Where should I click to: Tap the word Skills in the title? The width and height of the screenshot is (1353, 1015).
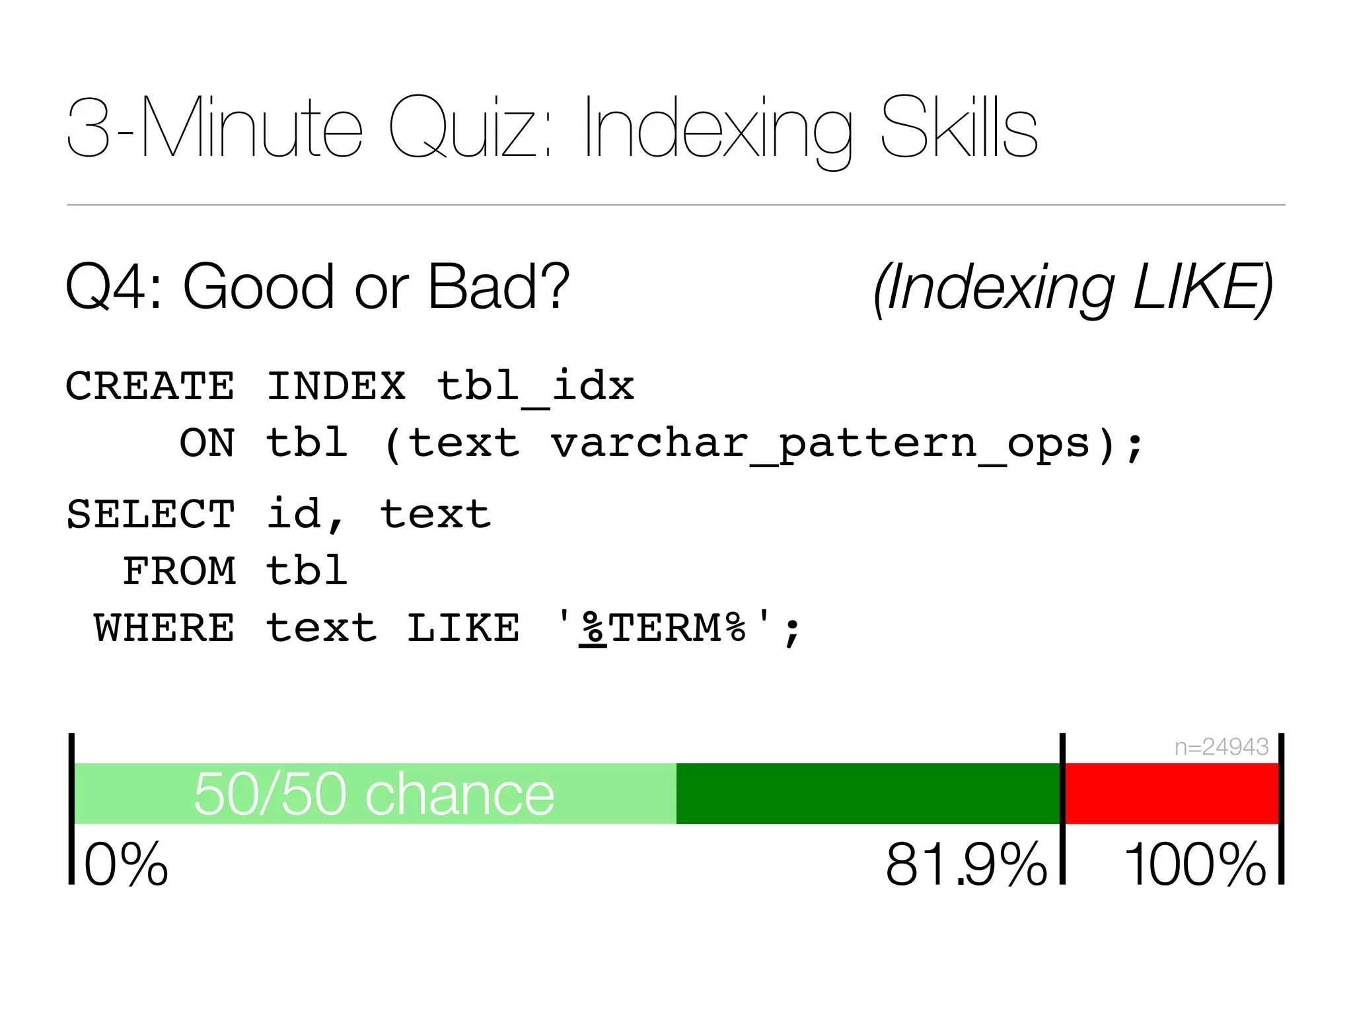coord(959,128)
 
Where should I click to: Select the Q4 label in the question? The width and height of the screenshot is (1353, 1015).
coord(113,287)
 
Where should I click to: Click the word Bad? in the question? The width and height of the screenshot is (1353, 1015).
coord(498,287)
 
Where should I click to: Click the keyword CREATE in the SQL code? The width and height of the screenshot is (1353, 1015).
coord(150,386)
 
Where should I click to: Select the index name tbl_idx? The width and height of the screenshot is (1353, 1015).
coord(535,386)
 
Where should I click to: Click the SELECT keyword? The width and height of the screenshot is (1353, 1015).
coord(150,514)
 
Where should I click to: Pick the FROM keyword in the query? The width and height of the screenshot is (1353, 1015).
coord(179,571)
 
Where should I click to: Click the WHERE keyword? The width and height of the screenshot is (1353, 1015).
coord(164,628)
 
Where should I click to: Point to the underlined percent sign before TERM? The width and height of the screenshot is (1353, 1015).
coord(593,628)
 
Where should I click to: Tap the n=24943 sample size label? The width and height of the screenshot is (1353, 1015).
coord(1221,747)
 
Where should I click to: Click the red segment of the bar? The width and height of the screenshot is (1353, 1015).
coord(1171,793)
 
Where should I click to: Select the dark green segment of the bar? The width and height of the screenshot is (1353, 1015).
coord(867,793)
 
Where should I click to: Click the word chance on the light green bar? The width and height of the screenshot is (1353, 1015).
coord(460,794)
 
